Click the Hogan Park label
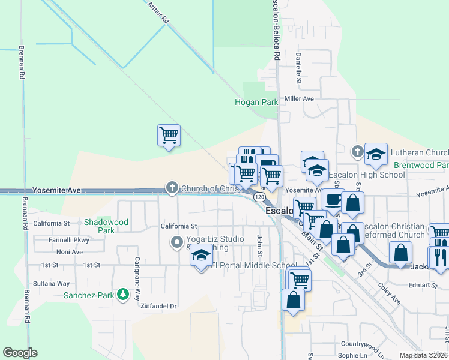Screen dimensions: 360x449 click(x=256, y=102)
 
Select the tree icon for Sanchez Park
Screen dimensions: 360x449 click(x=122, y=294)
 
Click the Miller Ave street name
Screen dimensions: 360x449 click(x=299, y=98)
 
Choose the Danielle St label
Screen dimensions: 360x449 click(x=298, y=67)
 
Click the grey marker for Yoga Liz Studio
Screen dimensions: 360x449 click(x=177, y=243)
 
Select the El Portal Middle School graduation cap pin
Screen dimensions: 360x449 click(x=202, y=256)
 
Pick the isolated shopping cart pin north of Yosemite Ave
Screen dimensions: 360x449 click(x=169, y=135)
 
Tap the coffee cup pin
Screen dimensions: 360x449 click(x=332, y=200)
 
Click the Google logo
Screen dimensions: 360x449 click(x=20, y=353)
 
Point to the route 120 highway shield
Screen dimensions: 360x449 click(x=259, y=197)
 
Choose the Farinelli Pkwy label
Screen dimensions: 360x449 click(x=69, y=240)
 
